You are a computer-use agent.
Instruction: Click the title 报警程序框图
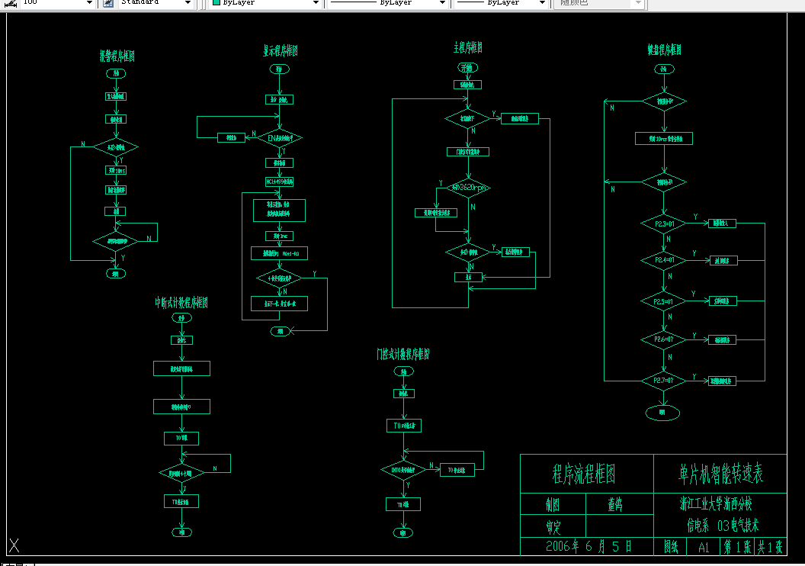[117, 56]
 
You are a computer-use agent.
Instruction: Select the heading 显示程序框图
[275, 51]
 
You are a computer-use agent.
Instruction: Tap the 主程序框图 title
[468, 48]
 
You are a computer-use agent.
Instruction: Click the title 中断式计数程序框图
[181, 303]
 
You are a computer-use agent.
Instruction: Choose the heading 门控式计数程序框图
[402, 355]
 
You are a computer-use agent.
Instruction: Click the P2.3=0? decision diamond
[663, 224]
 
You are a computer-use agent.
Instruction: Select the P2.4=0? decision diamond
[663, 260]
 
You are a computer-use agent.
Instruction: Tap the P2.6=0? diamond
[663, 339]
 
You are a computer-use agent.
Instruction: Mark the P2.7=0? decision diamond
[663, 379]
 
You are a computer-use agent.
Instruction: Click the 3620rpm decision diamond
[468, 188]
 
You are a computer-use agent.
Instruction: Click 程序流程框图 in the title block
[584, 474]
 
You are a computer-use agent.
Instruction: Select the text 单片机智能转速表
[720, 474]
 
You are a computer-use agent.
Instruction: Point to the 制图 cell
[553, 504]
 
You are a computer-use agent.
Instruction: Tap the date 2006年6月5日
[589, 546]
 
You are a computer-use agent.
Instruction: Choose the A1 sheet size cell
[703, 547]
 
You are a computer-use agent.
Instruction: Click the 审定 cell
[553, 526]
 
